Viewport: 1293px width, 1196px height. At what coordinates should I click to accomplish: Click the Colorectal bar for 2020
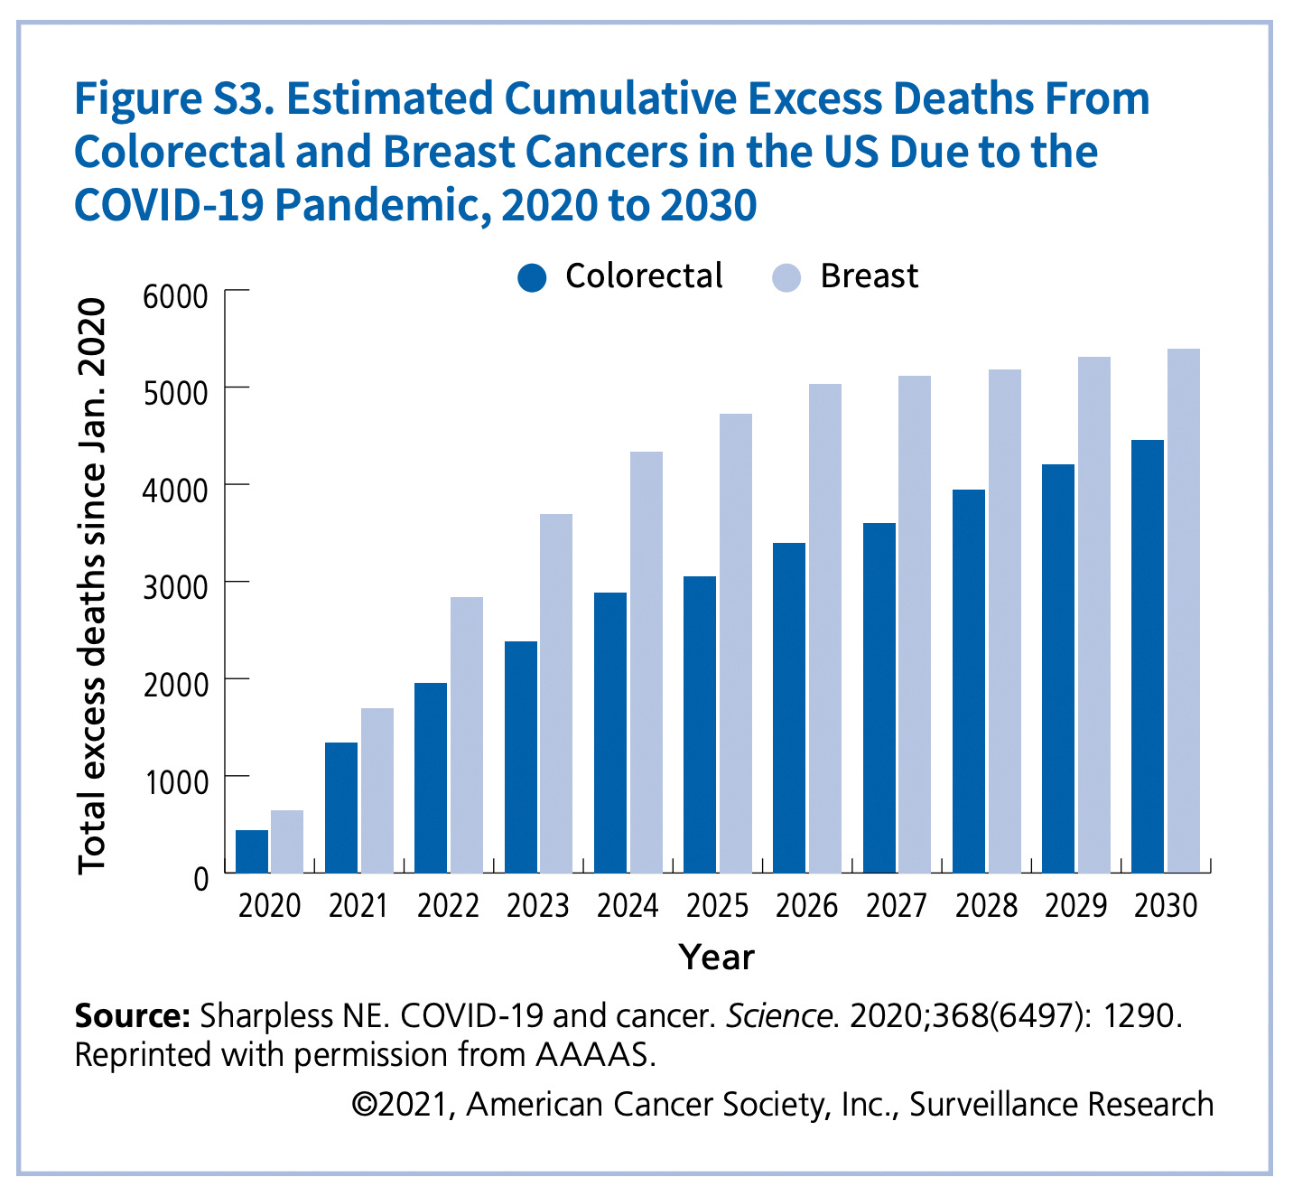pos(252,851)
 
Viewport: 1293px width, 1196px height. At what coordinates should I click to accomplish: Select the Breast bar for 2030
pos(1183,611)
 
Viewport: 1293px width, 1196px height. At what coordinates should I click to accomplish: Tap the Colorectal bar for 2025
pos(700,724)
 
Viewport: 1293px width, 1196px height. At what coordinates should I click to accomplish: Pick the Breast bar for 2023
pos(556,693)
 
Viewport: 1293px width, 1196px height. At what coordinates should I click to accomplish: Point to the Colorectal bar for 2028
pos(969,681)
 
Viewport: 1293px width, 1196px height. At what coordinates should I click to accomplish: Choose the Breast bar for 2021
pos(377,790)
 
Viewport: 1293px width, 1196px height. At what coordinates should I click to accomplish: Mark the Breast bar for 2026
pos(824,629)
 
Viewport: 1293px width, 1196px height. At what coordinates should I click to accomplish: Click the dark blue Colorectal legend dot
pos(533,277)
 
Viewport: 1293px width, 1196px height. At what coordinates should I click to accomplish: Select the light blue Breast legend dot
pos(786,277)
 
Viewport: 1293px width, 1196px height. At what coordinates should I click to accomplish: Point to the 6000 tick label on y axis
pos(175,296)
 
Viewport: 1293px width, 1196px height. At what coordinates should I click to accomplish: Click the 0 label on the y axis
pos(200,877)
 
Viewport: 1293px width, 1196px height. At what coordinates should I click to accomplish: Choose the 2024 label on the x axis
pos(628,906)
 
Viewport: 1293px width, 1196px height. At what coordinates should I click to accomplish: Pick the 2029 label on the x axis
pos(1075,906)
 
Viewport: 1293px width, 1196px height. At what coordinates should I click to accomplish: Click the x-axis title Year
pos(716,958)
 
